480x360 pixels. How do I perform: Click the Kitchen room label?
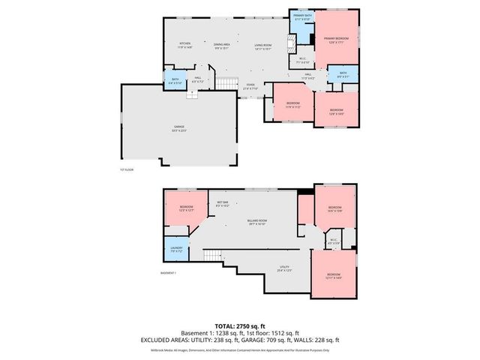pyautogui.click(x=184, y=45)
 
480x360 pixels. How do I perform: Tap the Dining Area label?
pyautogui.click(x=221, y=45)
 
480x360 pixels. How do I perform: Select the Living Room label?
pyautogui.click(x=262, y=46)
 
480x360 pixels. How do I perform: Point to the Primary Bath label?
pyautogui.click(x=303, y=17)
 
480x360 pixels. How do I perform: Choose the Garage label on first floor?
pyautogui.click(x=179, y=127)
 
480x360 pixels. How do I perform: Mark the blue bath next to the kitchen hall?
pyautogui.click(x=174, y=80)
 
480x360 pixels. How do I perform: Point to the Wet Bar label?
pyautogui.click(x=223, y=203)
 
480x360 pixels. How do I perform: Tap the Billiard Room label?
pyautogui.click(x=256, y=222)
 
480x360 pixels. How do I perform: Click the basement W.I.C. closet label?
pyautogui.click(x=334, y=241)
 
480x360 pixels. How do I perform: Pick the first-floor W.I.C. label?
pyautogui.click(x=302, y=61)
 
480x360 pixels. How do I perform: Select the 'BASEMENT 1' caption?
pyautogui.click(x=169, y=272)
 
